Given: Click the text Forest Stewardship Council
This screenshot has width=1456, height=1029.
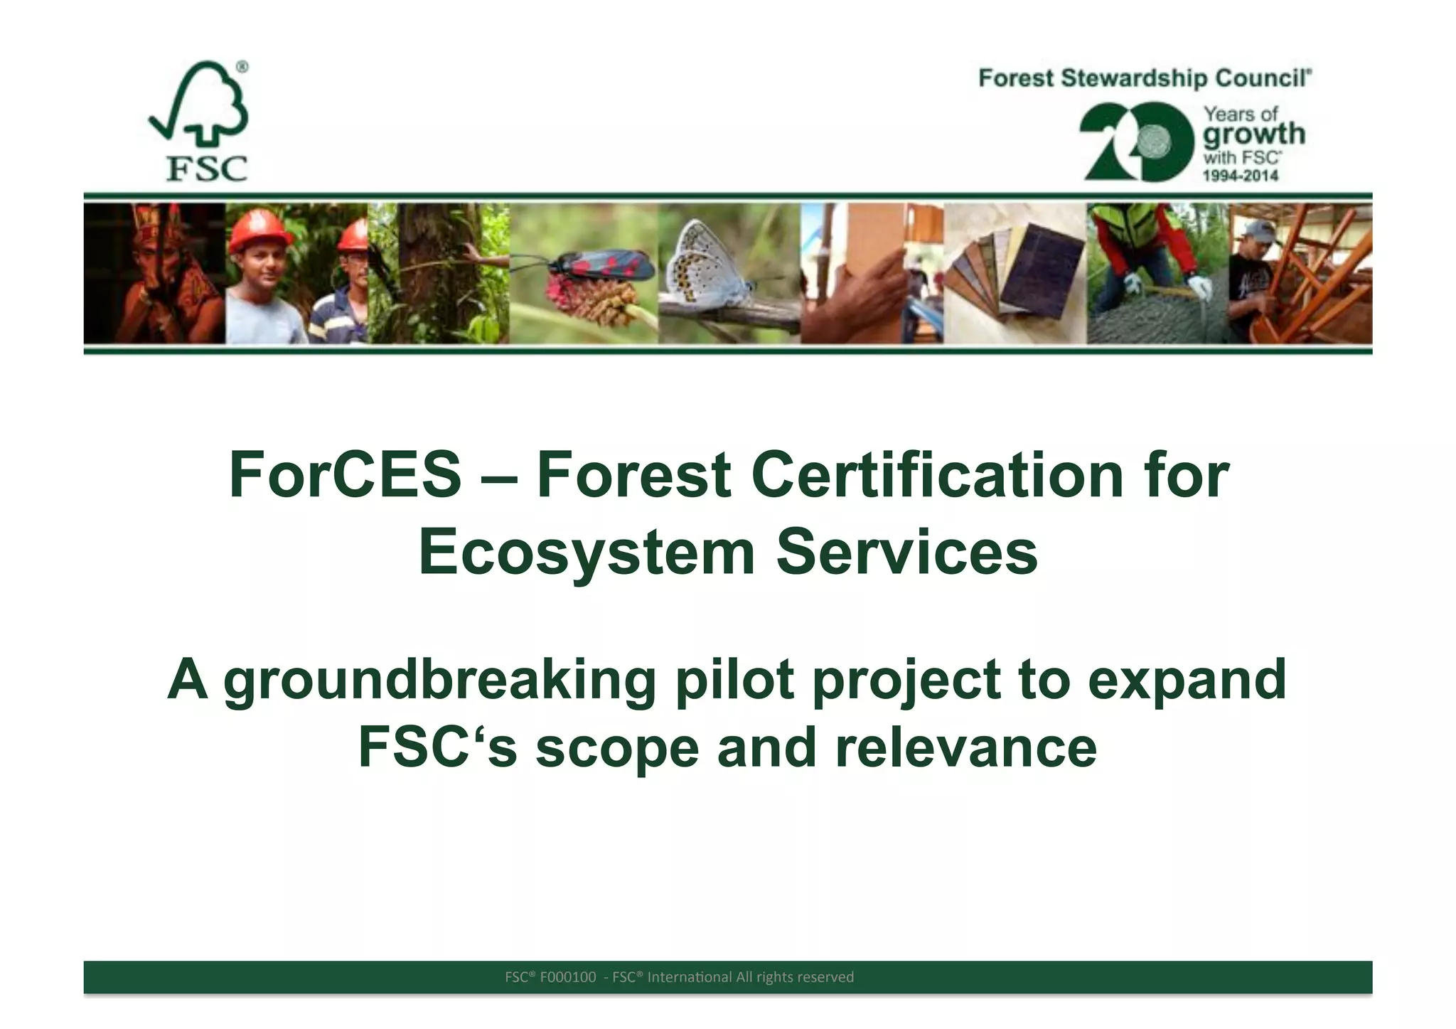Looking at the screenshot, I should coord(1145,78).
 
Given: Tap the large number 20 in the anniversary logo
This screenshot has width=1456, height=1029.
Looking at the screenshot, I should coord(1136,142).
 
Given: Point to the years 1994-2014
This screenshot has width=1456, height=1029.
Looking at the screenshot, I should coord(1240,176).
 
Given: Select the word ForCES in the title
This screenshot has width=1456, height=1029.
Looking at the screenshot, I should coord(345,475).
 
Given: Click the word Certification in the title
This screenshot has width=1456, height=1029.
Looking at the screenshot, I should coord(938,475).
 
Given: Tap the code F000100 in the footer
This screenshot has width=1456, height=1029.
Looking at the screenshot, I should coord(567,977).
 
